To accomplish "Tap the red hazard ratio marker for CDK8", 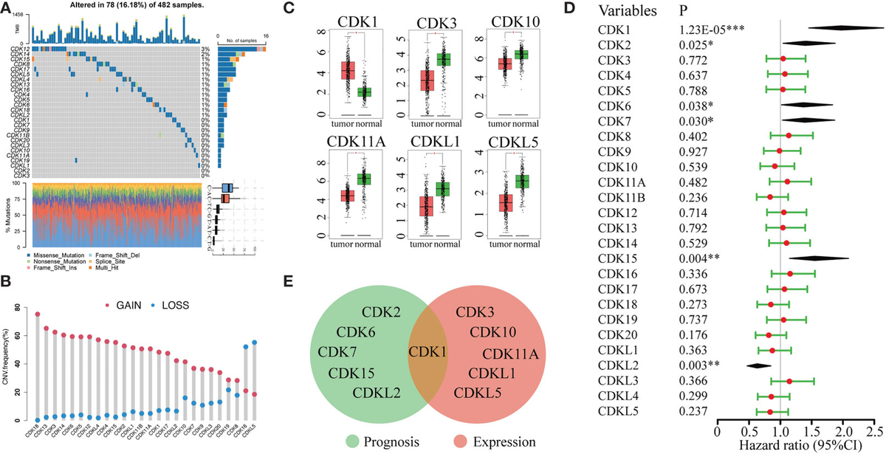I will (x=789, y=136).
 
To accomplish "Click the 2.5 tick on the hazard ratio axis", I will (x=875, y=428).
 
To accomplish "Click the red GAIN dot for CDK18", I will (x=37, y=314).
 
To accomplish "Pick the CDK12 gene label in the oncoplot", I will (x=21, y=49).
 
